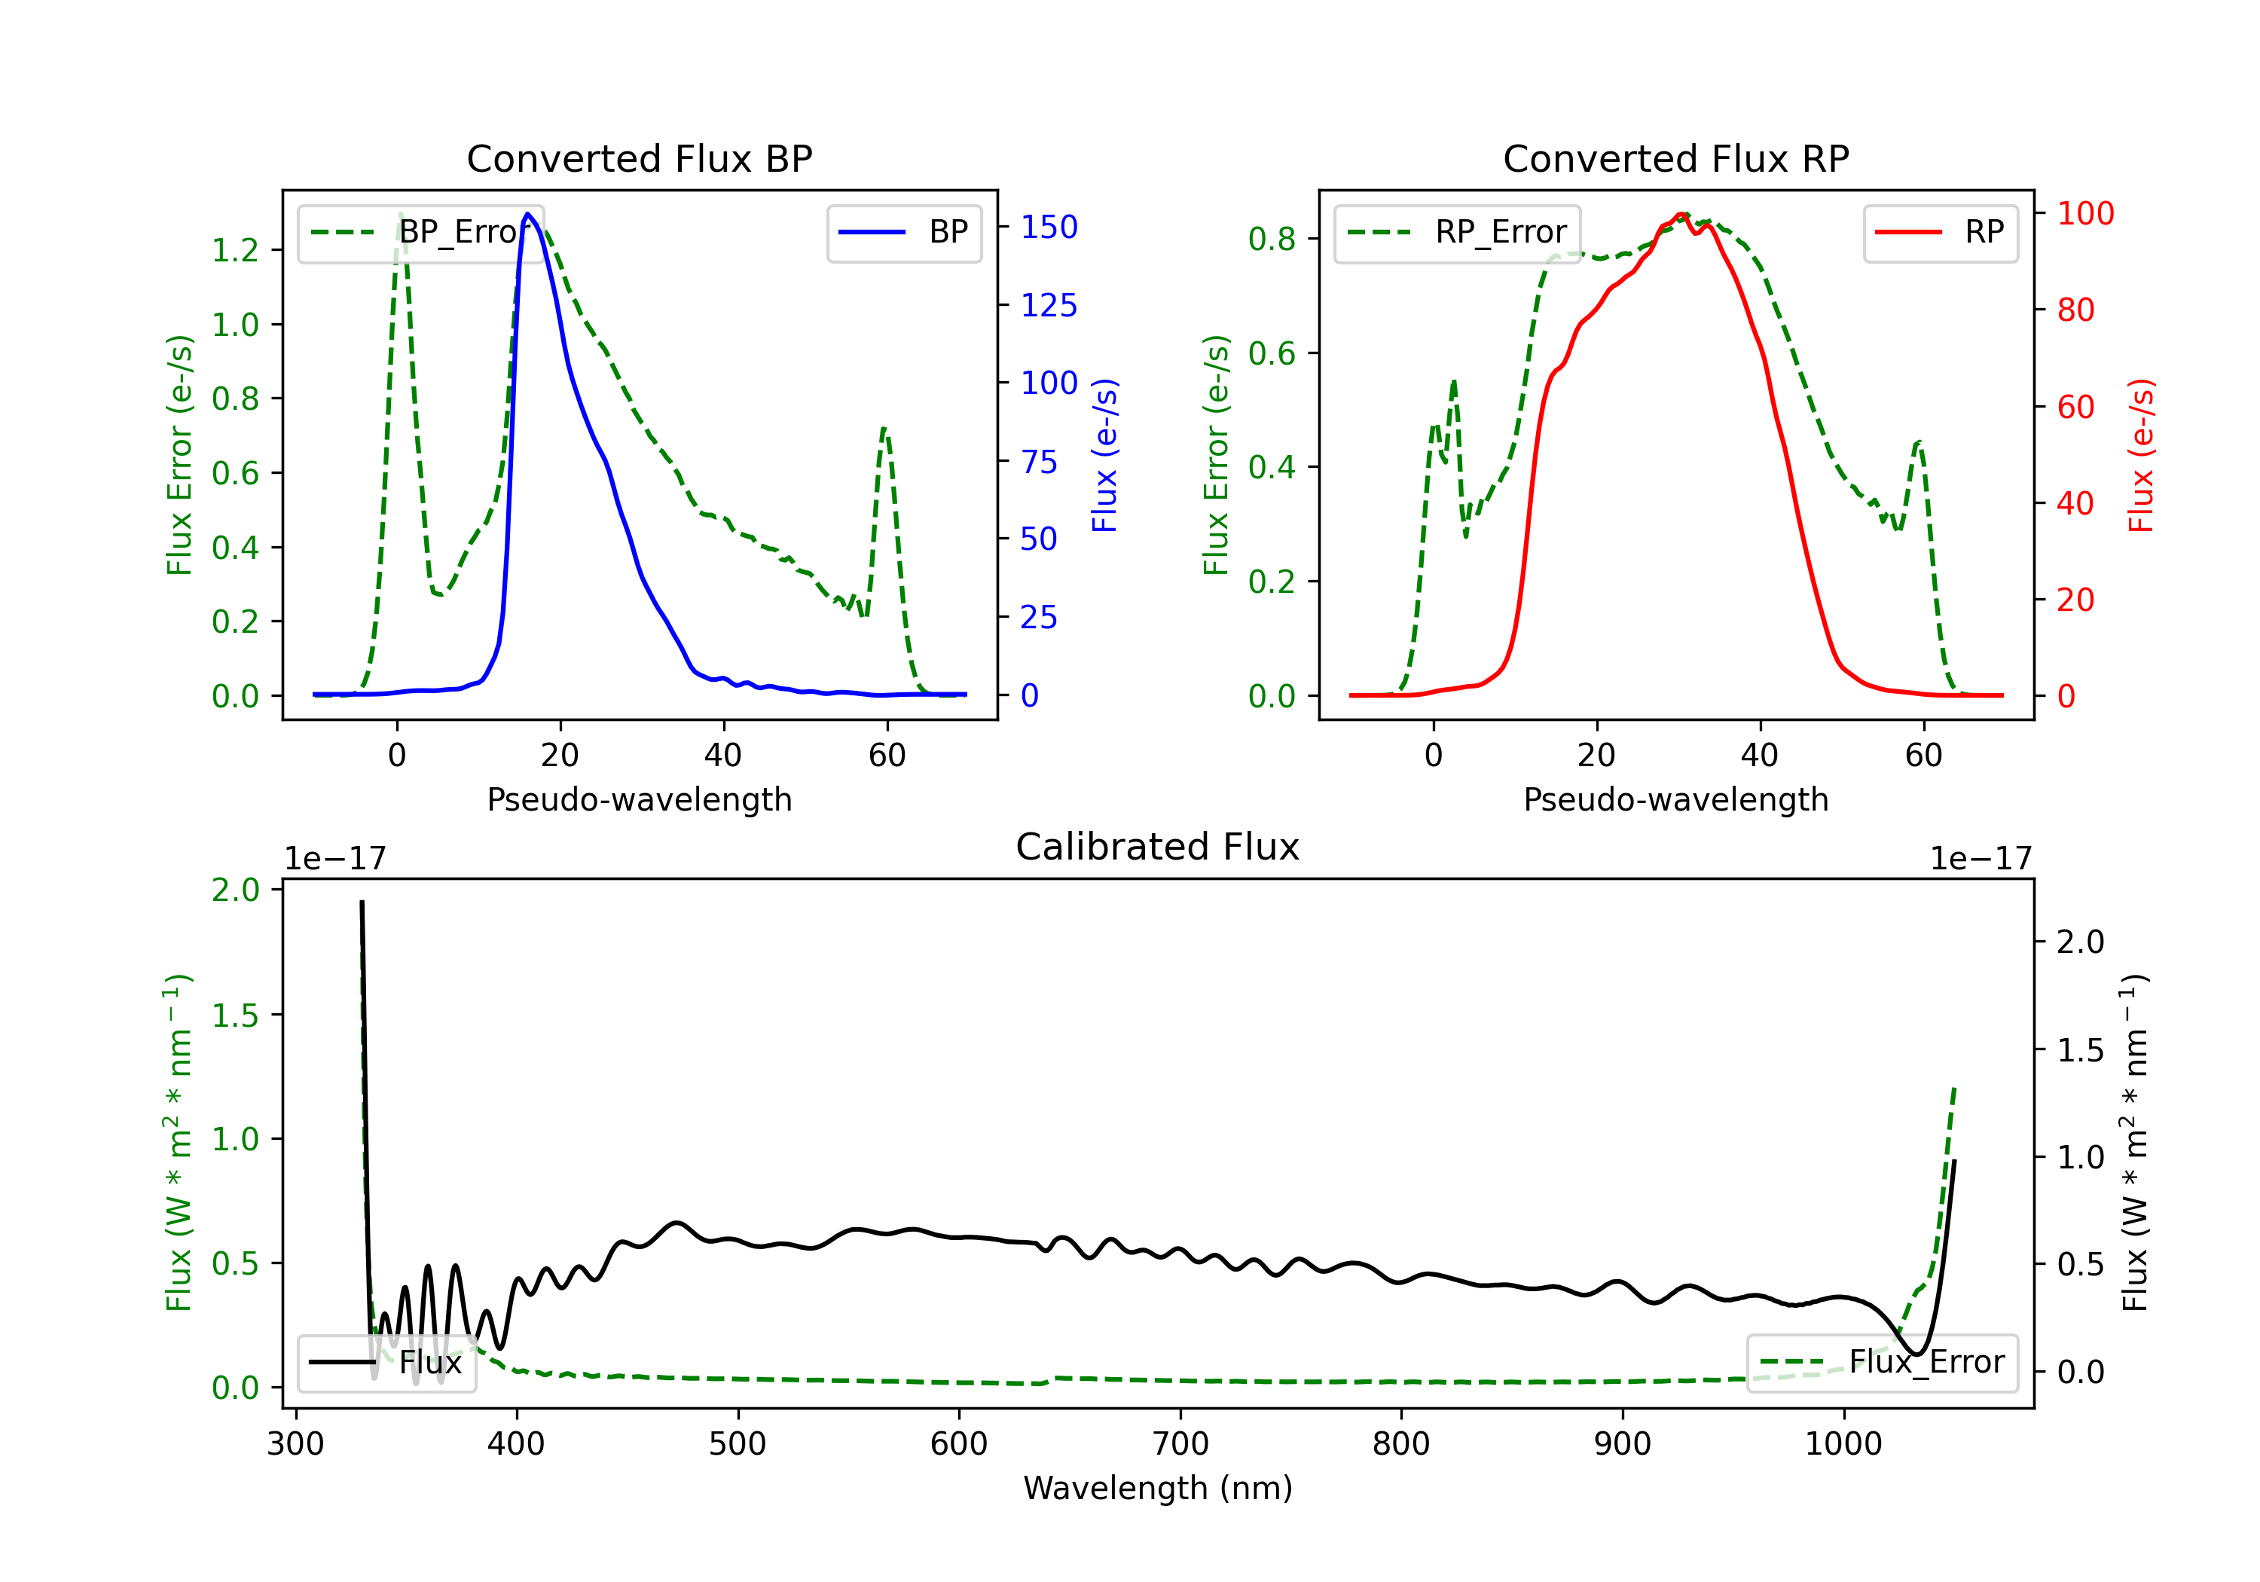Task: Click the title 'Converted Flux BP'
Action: (639, 158)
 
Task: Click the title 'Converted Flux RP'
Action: (1675, 158)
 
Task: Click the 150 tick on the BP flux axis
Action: (1049, 228)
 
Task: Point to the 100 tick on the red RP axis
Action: (2084, 214)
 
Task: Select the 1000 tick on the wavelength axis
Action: (1843, 1443)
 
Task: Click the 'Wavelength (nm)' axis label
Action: (1158, 1488)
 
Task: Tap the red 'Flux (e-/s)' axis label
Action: (2140, 455)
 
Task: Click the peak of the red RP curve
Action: (1682, 214)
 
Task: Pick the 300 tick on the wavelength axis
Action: (295, 1443)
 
